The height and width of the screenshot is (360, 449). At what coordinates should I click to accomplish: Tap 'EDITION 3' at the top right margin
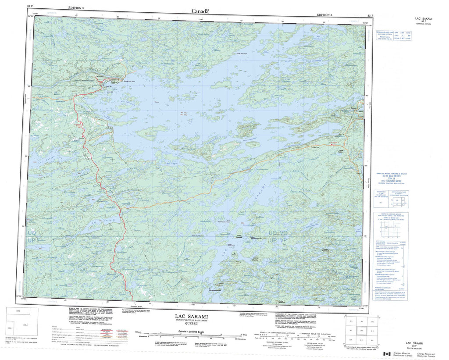coord(324,14)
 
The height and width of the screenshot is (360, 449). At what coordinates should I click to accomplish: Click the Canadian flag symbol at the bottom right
coord(387,354)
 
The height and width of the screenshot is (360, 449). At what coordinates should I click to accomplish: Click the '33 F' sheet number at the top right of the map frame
coord(371,15)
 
